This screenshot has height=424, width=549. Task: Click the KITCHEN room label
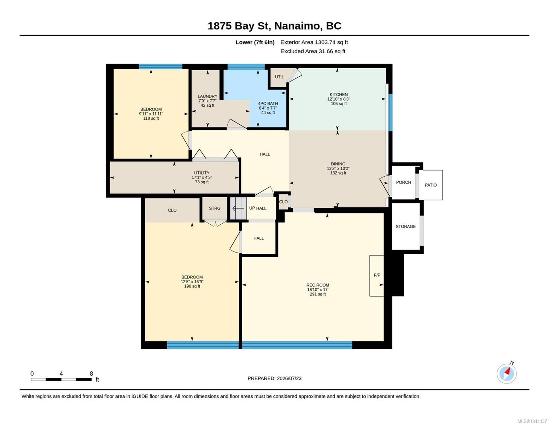click(x=339, y=94)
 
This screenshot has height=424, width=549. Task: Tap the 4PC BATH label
click(x=268, y=104)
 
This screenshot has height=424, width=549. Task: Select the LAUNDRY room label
click(x=208, y=96)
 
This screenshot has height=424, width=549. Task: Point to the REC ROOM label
click(x=317, y=285)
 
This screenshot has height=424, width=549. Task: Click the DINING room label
click(x=338, y=164)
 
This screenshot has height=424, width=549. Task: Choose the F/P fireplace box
click(x=376, y=276)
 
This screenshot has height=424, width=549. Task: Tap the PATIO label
click(x=431, y=185)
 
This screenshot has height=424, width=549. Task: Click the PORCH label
click(x=403, y=182)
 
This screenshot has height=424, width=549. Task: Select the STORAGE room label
click(x=405, y=226)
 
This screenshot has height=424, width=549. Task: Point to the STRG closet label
click(x=215, y=208)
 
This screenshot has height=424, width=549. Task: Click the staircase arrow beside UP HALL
click(x=238, y=208)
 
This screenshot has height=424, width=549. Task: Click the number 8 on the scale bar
click(x=91, y=373)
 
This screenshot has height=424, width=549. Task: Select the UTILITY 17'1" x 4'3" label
click(x=202, y=177)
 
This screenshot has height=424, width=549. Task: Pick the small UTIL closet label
click(x=279, y=77)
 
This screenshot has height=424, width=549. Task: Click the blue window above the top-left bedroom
click(x=160, y=67)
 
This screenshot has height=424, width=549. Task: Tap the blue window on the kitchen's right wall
click(x=390, y=112)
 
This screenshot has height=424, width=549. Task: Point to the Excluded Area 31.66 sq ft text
click(x=313, y=51)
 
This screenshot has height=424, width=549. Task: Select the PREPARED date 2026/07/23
click(x=289, y=378)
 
